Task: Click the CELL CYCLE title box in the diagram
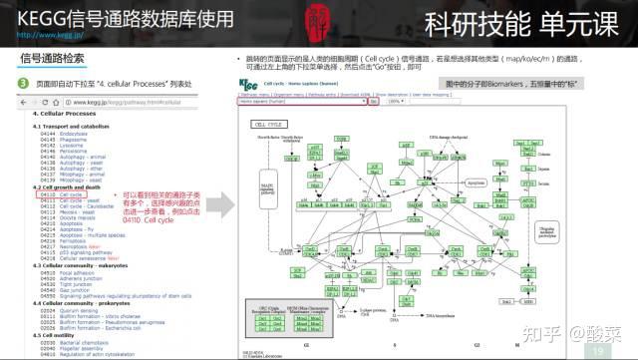tap(266, 125)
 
